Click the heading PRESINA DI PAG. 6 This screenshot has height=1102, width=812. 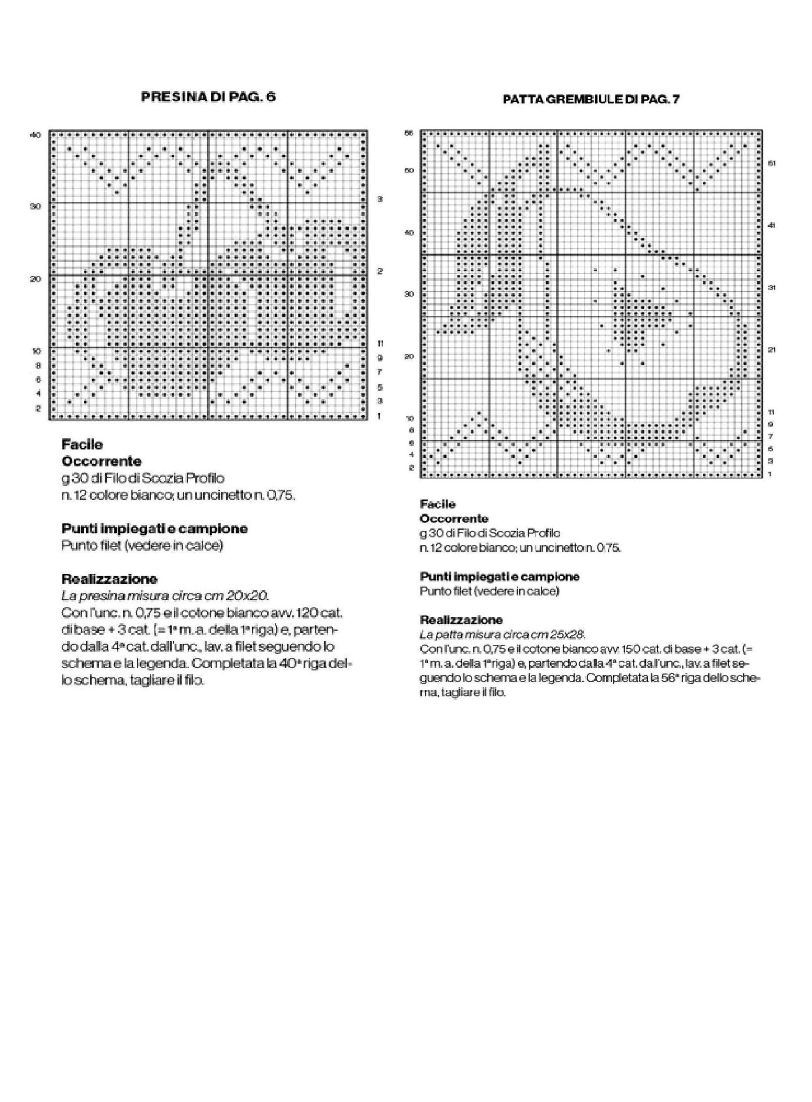pos(208,97)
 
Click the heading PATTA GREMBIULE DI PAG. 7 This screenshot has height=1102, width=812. pos(591,100)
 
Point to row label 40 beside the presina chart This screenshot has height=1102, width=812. pos(35,135)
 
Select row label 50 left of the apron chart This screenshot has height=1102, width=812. pos(409,170)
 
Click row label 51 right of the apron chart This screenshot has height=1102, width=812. pos(772,163)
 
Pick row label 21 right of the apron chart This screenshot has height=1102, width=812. pos(772,350)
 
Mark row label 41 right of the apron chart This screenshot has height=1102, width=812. pos(772,225)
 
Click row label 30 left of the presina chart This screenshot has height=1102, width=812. pos(35,207)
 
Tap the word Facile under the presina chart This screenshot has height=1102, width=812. pos(82,445)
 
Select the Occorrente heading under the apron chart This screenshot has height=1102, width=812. pos(454,519)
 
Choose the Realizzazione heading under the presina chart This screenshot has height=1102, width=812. pos(109,579)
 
